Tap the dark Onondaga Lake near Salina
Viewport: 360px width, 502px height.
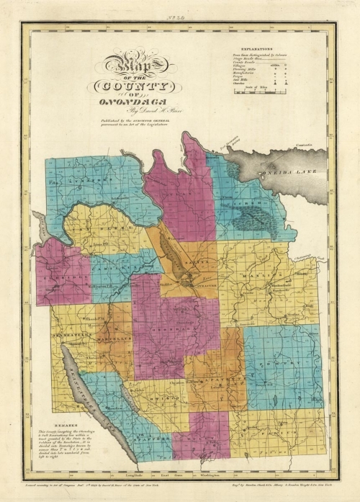174,252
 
